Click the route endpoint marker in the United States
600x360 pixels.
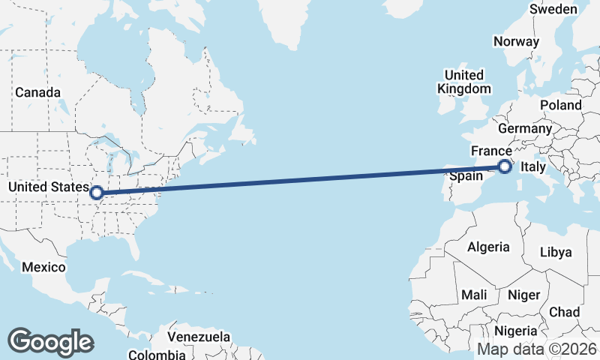point(97,193)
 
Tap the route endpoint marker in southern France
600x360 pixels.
point(505,166)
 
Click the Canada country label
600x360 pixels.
point(37,92)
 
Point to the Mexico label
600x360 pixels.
point(45,267)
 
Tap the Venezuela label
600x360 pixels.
point(199,337)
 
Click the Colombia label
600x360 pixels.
point(156,354)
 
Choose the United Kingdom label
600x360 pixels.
point(464,82)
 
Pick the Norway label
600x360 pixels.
point(516,42)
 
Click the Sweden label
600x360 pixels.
point(553,9)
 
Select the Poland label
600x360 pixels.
point(560,106)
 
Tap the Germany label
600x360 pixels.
point(525,129)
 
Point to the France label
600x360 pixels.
point(491,151)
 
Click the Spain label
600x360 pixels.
point(464,177)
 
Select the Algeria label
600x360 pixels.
point(488,247)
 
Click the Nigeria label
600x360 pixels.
point(515,331)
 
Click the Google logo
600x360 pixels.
point(50,341)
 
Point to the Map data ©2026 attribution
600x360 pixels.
point(537,349)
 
